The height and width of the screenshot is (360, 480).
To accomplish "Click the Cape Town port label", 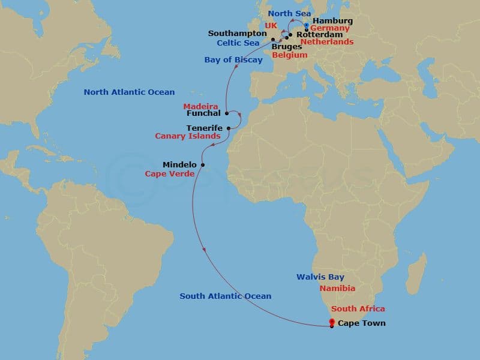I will coord(361,323).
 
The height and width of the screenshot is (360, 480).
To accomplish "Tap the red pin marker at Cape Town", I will coord(331,323).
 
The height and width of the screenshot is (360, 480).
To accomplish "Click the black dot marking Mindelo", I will coord(203,164).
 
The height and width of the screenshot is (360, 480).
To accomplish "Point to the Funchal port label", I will coord(203,113).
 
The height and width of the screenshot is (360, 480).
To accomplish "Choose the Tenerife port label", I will coord(204,128).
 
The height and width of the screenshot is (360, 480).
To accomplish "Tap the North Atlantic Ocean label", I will coord(129,92).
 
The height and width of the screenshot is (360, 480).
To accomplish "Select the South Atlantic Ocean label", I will coord(226,296).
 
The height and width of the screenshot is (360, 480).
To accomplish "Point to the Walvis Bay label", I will coord(320,277).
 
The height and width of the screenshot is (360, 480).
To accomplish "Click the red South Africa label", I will coord(358,309).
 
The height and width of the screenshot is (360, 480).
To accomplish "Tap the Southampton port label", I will coord(237,33).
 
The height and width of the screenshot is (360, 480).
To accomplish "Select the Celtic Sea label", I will coord(239,43).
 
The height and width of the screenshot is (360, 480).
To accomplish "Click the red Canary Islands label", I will coord(187,137).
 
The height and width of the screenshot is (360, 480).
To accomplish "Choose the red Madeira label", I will coord(200,106).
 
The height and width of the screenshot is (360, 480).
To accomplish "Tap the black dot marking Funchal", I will coord(226,113).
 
